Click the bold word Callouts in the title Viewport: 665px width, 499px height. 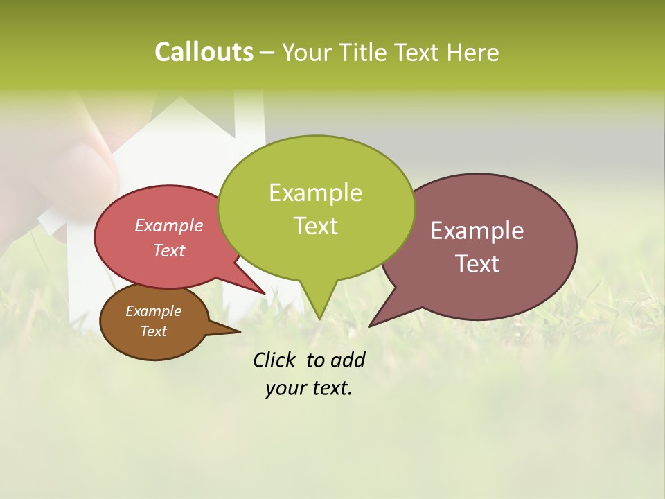pos(204,52)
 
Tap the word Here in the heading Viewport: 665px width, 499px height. pos(473,53)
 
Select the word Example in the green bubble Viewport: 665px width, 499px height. pos(315,193)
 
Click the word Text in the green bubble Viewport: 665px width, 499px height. pos(315,226)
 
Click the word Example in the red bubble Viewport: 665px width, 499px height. pos(169,226)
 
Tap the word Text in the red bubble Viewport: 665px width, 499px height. pos(169,250)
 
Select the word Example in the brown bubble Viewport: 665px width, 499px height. pos(154,311)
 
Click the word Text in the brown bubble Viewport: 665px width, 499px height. pos(154,331)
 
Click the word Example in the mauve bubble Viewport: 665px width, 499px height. pos(477,231)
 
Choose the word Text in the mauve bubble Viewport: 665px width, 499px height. pos(477,264)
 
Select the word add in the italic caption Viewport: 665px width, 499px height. pos(348,360)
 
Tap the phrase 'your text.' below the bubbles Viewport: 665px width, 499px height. pos(308,388)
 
